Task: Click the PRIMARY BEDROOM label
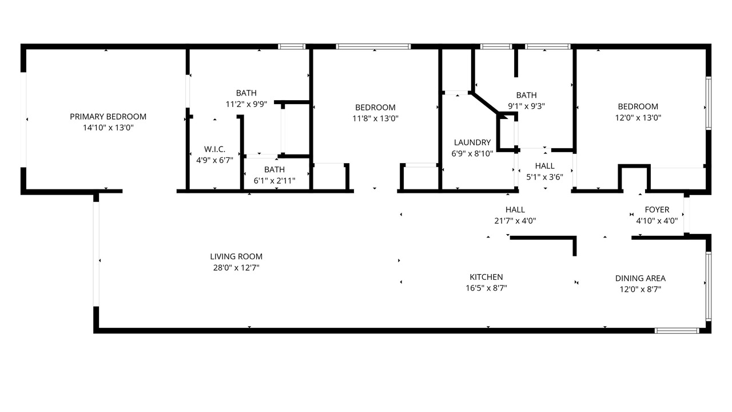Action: click(x=108, y=116)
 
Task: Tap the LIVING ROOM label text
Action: click(x=236, y=256)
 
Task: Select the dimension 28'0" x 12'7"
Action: click(x=236, y=267)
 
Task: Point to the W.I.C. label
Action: click(x=214, y=149)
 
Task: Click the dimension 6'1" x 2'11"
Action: click(x=274, y=180)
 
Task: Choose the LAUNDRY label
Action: click(x=472, y=142)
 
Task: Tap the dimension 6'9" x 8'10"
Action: click(x=472, y=153)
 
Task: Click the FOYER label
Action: click(x=657, y=209)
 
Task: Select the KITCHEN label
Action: click(x=486, y=277)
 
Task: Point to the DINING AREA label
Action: click(x=640, y=278)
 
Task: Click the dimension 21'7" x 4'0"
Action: click(x=515, y=221)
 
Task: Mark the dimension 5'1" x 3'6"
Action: click(x=545, y=177)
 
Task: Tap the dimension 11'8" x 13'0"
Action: click(x=375, y=118)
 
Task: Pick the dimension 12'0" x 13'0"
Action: click(x=638, y=117)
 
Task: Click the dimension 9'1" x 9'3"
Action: click(x=526, y=106)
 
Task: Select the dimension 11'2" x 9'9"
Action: click(x=246, y=104)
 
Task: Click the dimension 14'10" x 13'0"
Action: click(x=108, y=128)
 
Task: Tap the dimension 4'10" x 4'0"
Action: click(x=657, y=221)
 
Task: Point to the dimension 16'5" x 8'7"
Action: click(x=486, y=288)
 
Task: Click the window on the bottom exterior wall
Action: click(x=677, y=331)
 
